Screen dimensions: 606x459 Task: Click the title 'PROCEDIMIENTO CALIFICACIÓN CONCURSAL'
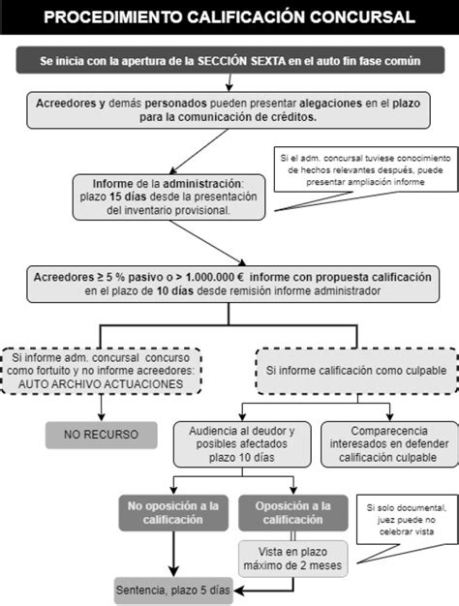tap(229, 16)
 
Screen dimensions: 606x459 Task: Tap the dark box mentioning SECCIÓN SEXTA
tap(229, 60)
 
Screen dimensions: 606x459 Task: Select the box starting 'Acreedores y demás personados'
tap(229, 109)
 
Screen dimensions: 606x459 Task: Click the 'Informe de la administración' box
tap(168, 196)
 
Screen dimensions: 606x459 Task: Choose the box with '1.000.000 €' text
tap(229, 283)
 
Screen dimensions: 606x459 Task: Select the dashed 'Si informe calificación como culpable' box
tap(357, 371)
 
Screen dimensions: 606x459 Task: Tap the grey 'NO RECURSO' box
tap(101, 435)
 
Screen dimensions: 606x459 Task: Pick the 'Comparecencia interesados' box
tap(385, 443)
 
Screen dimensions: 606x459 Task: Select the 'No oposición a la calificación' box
tap(173, 512)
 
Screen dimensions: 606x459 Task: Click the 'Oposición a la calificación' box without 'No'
tap(292, 512)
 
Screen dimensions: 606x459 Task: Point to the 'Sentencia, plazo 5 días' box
tap(173, 589)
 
